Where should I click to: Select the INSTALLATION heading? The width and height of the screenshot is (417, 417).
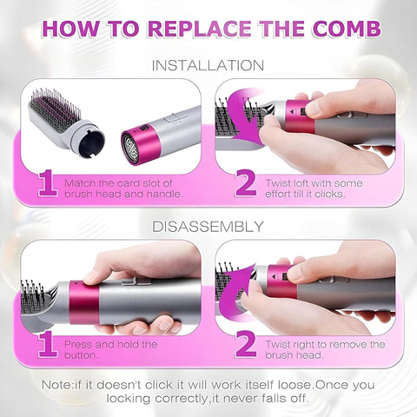tap(208, 65)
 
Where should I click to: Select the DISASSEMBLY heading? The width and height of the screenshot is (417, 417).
tap(208, 227)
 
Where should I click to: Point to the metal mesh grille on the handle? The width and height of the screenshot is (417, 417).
tap(139, 144)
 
